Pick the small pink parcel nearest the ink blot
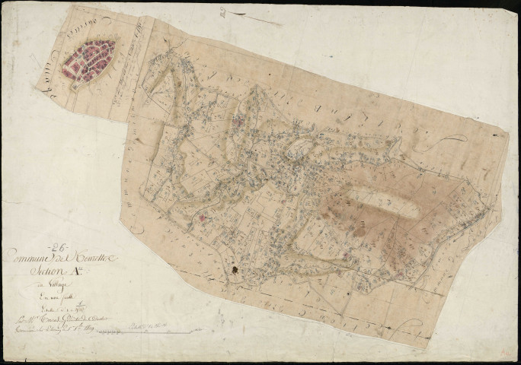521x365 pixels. click(x=202, y=218)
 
